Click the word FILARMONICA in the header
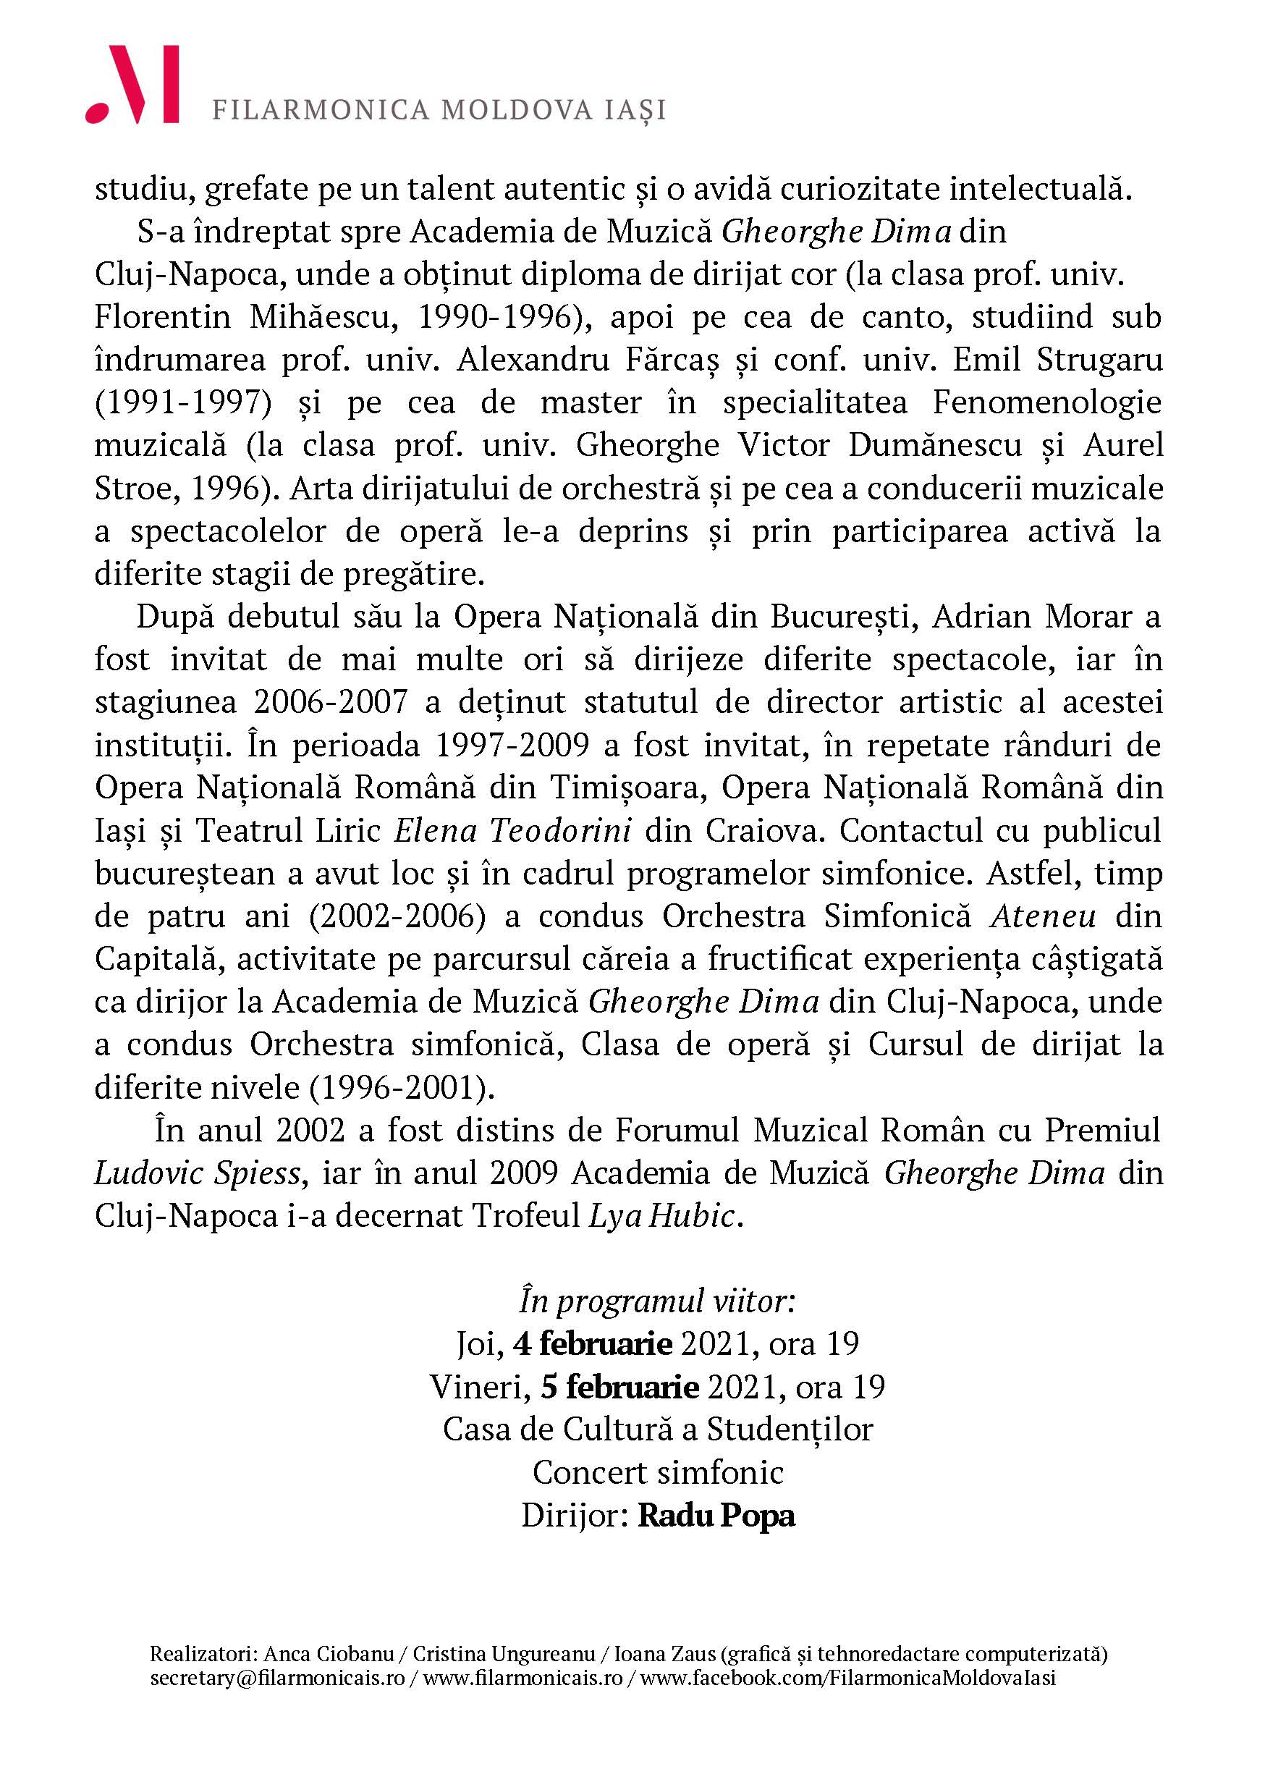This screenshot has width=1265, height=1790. click(321, 110)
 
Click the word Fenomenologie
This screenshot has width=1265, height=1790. click(1048, 403)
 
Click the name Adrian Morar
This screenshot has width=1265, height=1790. click(1032, 617)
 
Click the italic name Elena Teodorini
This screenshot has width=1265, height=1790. click(512, 831)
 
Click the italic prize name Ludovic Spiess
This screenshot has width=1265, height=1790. click(197, 1174)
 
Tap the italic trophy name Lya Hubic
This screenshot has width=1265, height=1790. click(661, 1217)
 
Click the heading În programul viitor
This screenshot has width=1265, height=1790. click(656, 1303)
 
